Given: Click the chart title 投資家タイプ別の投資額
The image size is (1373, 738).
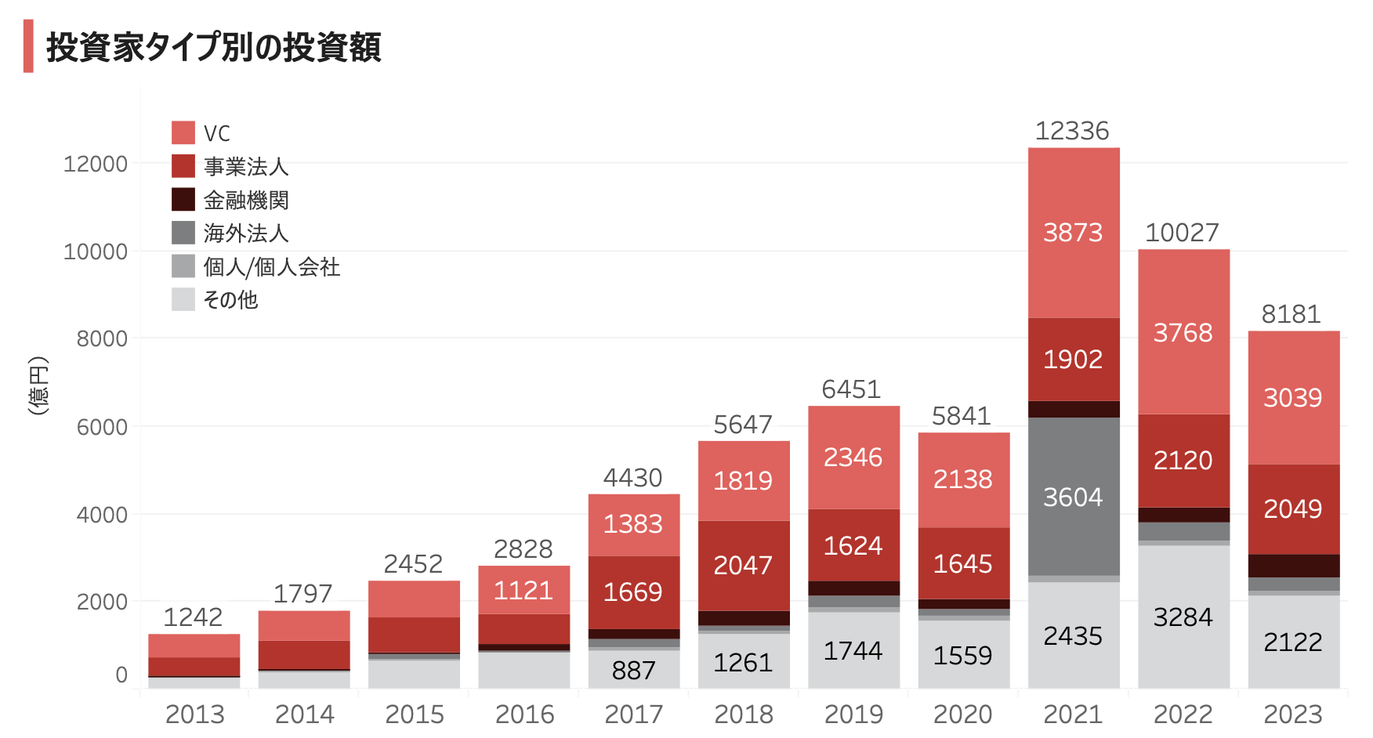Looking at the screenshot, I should (x=213, y=47).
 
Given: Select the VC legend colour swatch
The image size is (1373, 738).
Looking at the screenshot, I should (x=183, y=132).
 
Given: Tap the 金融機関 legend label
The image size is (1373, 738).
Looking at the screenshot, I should (x=246, y=201).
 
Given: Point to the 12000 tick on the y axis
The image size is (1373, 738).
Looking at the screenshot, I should (x=96, y=165).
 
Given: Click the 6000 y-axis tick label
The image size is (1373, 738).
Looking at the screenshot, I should (x=102, y=428).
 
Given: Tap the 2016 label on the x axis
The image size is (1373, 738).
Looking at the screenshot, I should (x=524, y=714).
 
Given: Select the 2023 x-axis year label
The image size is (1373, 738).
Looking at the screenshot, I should (x=1293, y=714).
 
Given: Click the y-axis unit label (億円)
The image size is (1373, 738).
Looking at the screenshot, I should (x=38, y=385).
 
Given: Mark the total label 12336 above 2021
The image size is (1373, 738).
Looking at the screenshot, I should (x=1072, y=131).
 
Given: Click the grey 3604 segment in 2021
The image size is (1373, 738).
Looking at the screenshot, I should (x=1073, y=497).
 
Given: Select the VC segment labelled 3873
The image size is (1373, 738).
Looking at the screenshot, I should (x=1073, y=233).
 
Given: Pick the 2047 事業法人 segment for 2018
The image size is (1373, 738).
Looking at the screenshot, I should (x=743, y=565).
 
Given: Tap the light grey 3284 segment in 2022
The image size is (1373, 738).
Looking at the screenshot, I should (x=1183, y=617).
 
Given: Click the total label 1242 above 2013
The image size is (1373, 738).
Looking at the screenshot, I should (x=193, y=617).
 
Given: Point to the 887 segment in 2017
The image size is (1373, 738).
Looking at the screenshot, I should (x=633, y=670).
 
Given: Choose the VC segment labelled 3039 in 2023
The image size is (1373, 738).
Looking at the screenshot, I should (x=1293, y=398).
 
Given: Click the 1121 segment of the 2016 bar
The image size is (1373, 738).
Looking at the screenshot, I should (x=523, y=590).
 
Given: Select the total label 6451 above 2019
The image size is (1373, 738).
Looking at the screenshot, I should (x=851, y=389).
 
